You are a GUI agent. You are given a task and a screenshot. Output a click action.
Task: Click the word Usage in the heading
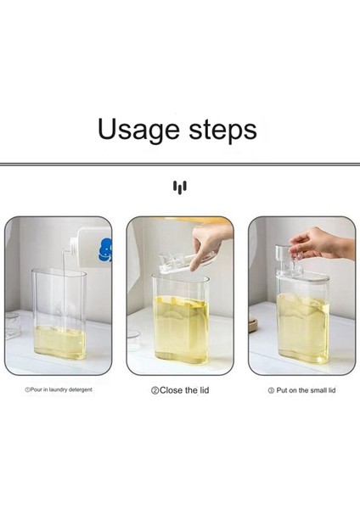(x=138, y=130)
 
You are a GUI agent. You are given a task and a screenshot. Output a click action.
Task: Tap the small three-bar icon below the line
(x=180, y=187)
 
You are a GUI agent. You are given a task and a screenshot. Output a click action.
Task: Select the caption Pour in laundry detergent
(x=59, y=389)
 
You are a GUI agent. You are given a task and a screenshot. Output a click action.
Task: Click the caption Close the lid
(x=180, y=390)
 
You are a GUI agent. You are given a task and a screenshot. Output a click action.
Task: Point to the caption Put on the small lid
(x=301, y=390)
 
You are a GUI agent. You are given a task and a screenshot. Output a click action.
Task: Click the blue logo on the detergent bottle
(x=105, y=249)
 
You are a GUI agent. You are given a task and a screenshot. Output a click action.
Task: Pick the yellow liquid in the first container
(x=59, y=342)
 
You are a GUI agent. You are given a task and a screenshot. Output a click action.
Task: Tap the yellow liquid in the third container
(x=302, y=327)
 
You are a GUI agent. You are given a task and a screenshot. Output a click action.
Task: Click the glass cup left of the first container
(x=13, y=326)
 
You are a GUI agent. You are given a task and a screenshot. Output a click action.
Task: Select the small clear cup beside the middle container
(x=134, y=339)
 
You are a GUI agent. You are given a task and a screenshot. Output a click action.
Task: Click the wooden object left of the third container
(x=253, y=325)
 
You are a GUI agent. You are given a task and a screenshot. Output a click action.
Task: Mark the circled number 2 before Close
(x=155, y=390)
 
